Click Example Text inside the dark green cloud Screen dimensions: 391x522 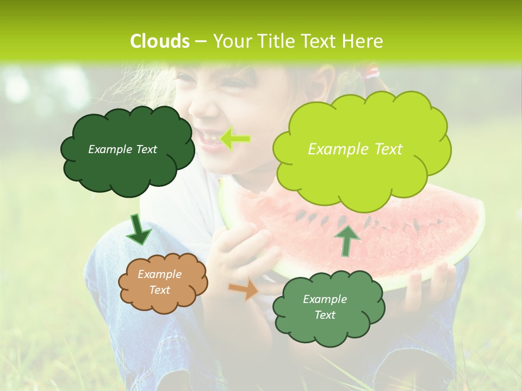[x=122, y=149]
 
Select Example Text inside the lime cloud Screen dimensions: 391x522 [x=355, y=149]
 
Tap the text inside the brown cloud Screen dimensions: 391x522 [x=160, y=282]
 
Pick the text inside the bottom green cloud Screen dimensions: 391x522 [x=325, y=307]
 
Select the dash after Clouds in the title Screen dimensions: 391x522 [x=200, y=41]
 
